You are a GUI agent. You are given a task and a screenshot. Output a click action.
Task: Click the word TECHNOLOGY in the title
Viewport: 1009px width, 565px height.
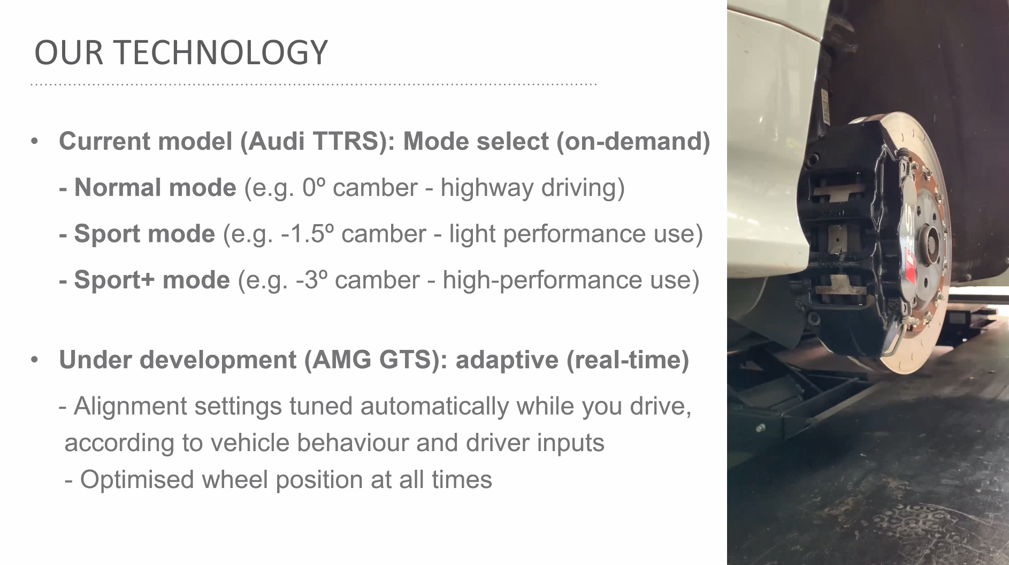[220, 53]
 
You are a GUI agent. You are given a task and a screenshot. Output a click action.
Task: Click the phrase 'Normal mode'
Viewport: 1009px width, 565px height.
[155, 188]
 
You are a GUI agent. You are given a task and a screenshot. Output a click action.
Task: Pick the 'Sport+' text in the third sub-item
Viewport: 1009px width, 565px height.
[114, 280]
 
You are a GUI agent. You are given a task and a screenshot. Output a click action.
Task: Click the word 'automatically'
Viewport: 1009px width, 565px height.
[434, 406]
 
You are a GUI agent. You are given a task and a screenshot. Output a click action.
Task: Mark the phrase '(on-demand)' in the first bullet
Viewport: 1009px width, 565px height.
[633, 141]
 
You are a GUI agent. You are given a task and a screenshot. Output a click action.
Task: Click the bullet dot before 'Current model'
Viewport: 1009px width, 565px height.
[35, 142]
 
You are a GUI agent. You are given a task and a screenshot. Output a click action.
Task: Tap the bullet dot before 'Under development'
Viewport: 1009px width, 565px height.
[35, 360]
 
